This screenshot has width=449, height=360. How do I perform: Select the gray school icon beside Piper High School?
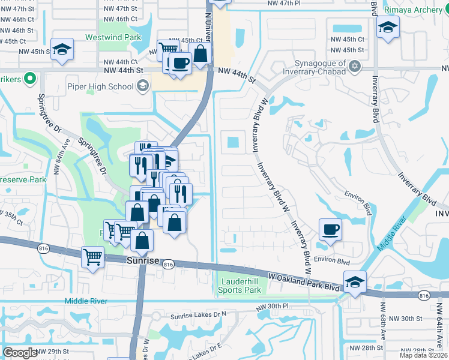[x=142, y=86]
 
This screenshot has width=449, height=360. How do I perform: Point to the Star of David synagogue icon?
[x=355, y=66]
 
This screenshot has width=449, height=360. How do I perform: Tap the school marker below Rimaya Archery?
[x=388, y=28]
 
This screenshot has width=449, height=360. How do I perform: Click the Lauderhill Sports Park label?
[x=240, y=286]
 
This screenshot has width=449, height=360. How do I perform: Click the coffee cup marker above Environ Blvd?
[x=330, y=230]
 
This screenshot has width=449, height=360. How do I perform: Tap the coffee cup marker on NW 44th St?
[x=179, y=62]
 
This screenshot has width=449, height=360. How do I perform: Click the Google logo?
[x=20, y=352]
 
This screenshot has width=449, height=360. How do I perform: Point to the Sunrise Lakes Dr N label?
[x=198, y=314]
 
